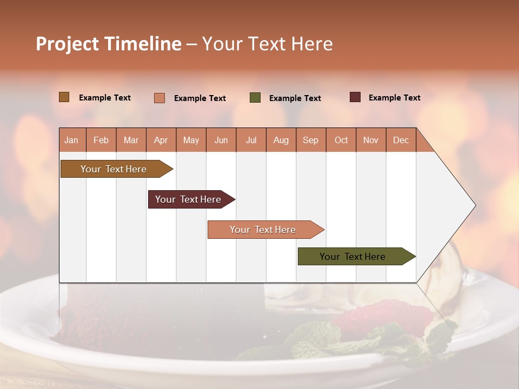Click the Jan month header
pos(71,140)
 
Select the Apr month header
pos(161,140)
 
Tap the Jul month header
pos(251,140)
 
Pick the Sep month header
pos(310,140)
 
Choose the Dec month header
pos(401,140)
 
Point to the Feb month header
pos(101,140)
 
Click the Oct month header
pos(341,140)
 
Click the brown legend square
pos(64,97)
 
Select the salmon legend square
pos(159,98)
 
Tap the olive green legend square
pos(255,98)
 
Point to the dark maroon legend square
pos(355,97)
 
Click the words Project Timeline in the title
pos(109,44)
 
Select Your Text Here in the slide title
pos(268,44)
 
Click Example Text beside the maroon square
pos(394,98)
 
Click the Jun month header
pos(221,140)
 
